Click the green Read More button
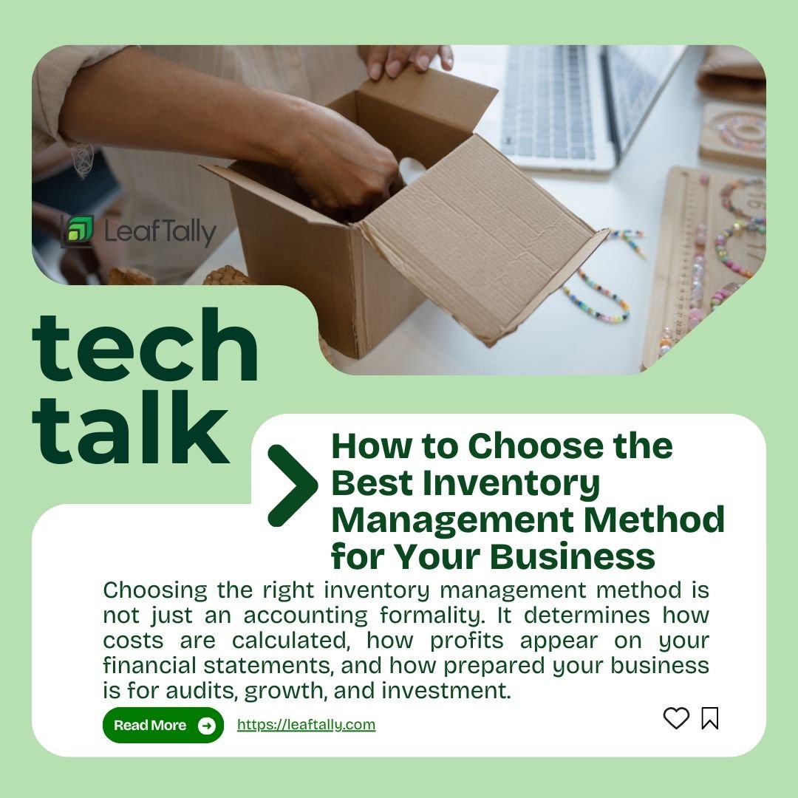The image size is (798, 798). [163, 725]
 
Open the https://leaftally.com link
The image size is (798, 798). [306, 725]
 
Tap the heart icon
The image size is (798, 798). [675, 718]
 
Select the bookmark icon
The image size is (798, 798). [709, 718]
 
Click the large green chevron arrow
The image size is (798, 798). [292, 485]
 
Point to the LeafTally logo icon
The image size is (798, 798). [78, 231]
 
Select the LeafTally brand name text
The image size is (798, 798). [160, 232]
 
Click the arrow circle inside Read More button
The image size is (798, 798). [207, 726]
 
